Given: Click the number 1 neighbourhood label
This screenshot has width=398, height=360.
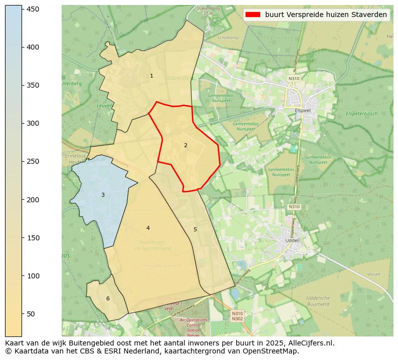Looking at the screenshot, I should (x=151, y=76).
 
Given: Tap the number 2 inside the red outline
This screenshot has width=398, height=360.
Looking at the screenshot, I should (x=185, y=145).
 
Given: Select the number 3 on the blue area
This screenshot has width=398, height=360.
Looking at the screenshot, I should (x=103, y=195).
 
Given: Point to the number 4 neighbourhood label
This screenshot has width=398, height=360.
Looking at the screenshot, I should (x=148, y=228).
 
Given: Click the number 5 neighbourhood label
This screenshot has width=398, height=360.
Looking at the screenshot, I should (x=195, y=230).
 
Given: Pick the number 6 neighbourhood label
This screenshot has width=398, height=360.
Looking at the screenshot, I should (x=108, y=299).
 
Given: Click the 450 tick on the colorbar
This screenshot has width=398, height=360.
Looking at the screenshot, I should (x=33, y=9).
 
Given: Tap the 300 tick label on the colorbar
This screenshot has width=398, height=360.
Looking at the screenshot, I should (x=33, y=123).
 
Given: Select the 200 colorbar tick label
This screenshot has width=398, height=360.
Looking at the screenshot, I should (x=33, y=200).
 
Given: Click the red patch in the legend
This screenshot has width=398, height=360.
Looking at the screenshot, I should (x=253, y=15).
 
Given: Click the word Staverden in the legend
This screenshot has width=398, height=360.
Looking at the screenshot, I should (x=370, y=15).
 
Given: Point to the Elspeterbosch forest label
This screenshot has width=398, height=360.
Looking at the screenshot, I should (x=361, y=114).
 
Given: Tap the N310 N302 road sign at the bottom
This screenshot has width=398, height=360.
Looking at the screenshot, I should (x=237, y=316).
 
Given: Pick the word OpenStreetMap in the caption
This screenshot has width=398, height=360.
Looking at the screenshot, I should (x=274, y=351).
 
